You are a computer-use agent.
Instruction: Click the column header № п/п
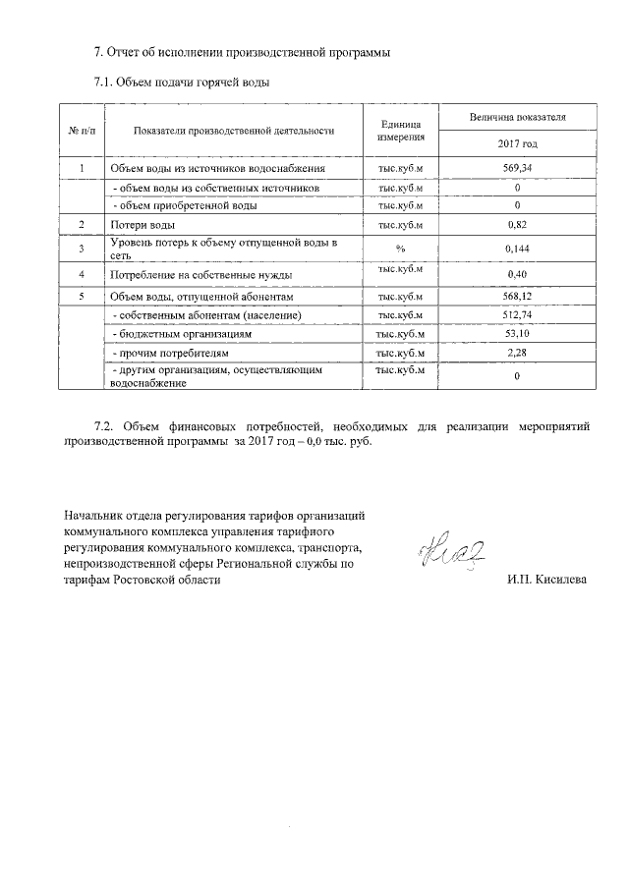coord(80,130)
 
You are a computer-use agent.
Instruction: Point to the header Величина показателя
coord(517,117)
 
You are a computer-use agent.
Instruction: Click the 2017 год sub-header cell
coord(517,143)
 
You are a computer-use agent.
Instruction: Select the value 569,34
coord(517,169)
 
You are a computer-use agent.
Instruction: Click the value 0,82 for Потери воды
coord(517,226)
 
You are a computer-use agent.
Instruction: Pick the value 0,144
coord(517,249)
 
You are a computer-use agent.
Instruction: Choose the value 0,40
coord(517,274)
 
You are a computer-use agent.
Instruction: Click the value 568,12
coord(517,297)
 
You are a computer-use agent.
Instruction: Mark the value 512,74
coord(517,315)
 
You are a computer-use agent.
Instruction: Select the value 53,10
coord(517,334)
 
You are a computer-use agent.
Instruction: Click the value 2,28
coord(517,352)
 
